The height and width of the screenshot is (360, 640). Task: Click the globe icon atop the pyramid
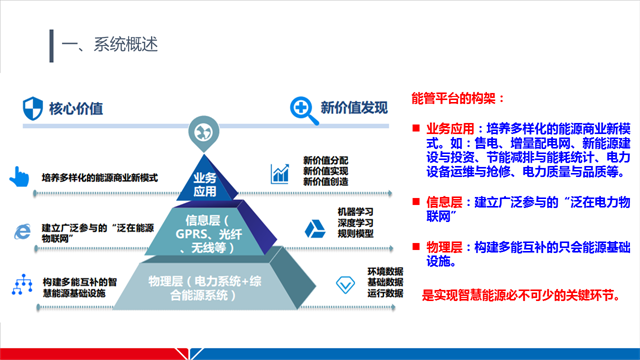click(205, 132)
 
